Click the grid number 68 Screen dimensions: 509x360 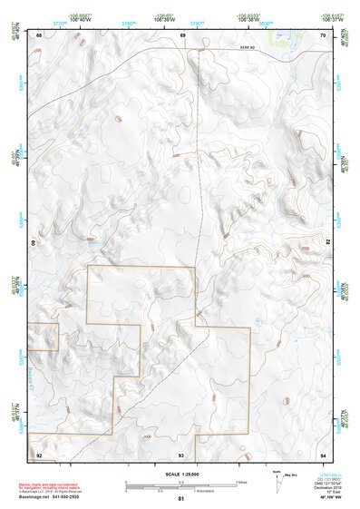(39, 34)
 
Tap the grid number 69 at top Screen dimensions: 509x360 (182, 34)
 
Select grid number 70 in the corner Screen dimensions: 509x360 (323, 34)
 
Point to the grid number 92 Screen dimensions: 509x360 (39, 454)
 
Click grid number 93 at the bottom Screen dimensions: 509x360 (181, 454)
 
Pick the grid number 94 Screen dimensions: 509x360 (323, 454)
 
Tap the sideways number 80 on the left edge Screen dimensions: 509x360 (35, 244)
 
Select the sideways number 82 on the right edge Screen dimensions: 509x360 (327, 244)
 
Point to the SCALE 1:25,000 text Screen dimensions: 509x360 (180, 474)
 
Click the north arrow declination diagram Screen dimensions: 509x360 (277, 481)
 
